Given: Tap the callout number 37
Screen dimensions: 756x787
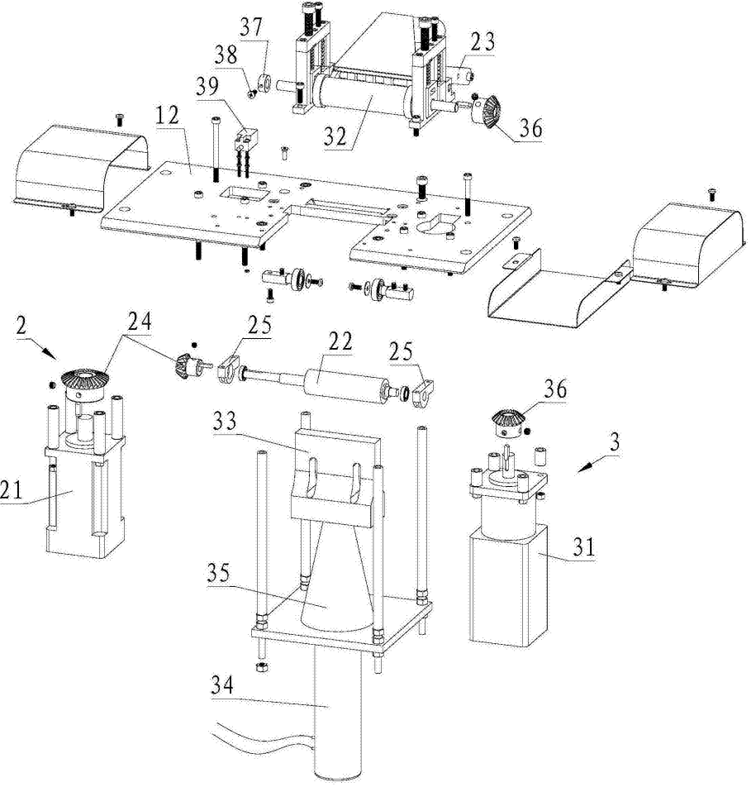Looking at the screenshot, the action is [x=251, y=27].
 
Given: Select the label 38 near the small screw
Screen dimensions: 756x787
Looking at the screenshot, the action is [x=226, y=55].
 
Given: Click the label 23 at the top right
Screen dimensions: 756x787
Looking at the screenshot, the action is [x=483, y=41].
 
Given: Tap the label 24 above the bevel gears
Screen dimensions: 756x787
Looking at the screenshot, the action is [x=139, y=322].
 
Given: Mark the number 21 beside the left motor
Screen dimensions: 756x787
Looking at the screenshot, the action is [x=11, y=489].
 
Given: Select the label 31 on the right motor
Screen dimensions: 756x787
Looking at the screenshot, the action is [x=583, y=546].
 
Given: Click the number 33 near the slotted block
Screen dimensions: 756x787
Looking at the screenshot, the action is [x=224, y=421].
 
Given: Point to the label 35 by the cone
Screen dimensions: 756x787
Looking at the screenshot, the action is [x=219, y=573].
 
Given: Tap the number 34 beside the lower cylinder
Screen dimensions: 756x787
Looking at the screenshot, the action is [x=221, y=685].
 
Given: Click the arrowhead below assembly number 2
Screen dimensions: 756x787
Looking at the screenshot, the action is [x=53, y=353].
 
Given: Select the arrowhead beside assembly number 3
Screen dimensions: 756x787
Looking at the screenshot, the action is [x=583, y=468].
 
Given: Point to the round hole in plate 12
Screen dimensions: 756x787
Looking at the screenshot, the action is [x=435, y=226].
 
